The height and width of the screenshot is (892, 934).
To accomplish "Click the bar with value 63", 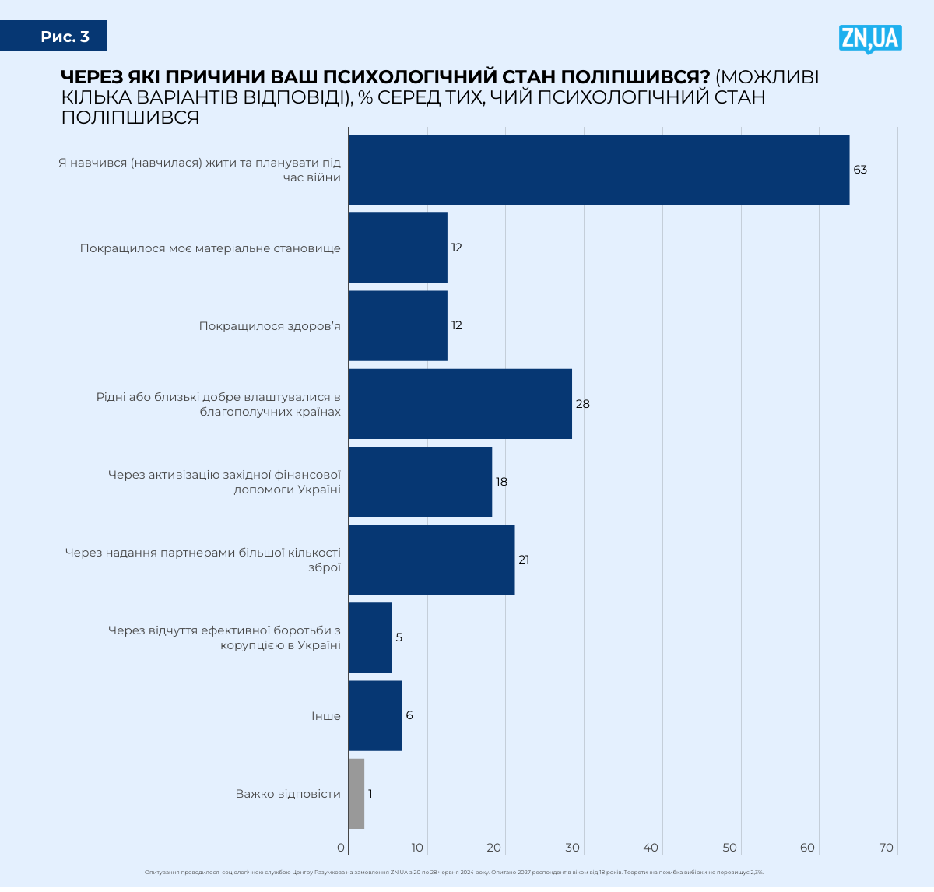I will click(x=599, y=170).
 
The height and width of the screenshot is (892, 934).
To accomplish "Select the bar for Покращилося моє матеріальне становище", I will click(x=398, y=248).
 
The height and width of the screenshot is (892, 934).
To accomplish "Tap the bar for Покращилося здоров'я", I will click(x=398, y=325).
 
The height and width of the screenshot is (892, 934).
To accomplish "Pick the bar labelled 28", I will click(x=460, y=404).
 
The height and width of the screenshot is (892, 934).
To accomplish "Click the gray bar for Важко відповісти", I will click(x=356, y=794).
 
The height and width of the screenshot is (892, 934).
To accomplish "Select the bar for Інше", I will click(x=375, y=716).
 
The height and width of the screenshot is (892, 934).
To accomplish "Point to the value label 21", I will click(x=524, y=560).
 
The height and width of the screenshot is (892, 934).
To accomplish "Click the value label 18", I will click(x=501, y=482).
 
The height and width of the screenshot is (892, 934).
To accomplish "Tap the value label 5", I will click(x=399, y=637).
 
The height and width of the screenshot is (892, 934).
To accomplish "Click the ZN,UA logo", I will click(x=870, y=39).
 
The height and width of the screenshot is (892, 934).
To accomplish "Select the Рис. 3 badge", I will click(x=65, y=37).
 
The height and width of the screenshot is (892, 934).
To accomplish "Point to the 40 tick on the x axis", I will click(x=651, y=848).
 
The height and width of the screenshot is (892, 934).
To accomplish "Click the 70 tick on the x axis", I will click(x=886, y=848).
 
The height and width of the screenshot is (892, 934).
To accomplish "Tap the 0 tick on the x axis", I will click(x=341, y=848).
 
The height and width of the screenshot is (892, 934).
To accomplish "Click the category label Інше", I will click(x=326, y=716).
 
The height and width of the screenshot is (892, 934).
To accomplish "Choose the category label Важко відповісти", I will click(x=288, y=794).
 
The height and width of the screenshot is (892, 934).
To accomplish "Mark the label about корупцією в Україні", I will click(x=280, y=645).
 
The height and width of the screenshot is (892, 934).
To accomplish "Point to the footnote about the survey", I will click(x=454, y=873).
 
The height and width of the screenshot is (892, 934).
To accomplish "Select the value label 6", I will click(x=409, y=715).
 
